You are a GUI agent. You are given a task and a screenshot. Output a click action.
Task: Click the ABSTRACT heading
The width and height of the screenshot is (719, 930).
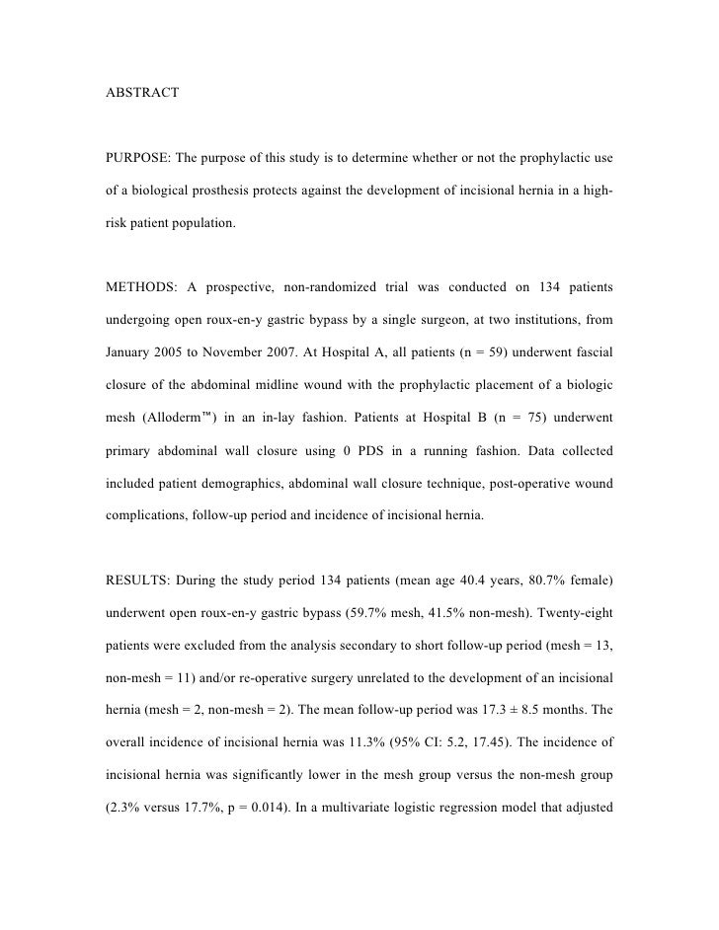pos(142,93)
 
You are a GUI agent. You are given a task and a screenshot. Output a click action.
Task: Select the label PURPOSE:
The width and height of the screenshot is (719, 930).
pos(145,160)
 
